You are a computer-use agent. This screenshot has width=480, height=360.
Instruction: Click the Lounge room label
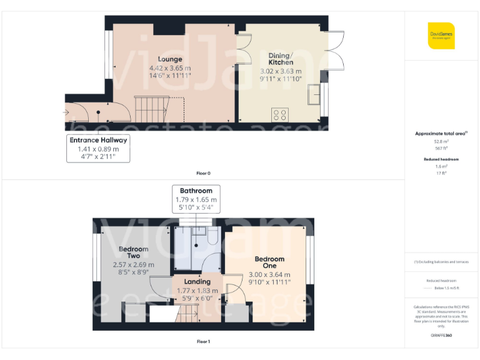point(169,59)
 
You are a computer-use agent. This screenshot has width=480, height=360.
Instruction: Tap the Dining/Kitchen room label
point(281,59)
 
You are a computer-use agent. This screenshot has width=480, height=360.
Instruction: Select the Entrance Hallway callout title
point(98,140)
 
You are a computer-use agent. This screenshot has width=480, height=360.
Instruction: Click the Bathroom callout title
point(196,191)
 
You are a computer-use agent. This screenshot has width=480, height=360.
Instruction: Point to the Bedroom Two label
point(134,252)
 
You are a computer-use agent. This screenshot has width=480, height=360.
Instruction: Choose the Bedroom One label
point(269,263)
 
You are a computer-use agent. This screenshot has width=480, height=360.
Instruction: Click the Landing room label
point(197,282)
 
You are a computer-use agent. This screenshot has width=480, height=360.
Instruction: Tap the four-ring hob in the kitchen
point(280,114)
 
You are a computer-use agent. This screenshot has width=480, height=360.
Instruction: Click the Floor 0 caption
point(203,172)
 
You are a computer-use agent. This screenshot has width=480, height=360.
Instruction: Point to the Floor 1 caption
point(203,341)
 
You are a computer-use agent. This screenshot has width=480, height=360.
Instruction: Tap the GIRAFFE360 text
point(441,336)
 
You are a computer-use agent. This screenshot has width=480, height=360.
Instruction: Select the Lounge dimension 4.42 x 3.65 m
point(170,67)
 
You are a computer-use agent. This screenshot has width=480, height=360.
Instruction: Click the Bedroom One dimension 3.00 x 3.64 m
point(269,274)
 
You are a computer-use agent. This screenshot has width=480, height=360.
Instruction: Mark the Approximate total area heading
point(441,134)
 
